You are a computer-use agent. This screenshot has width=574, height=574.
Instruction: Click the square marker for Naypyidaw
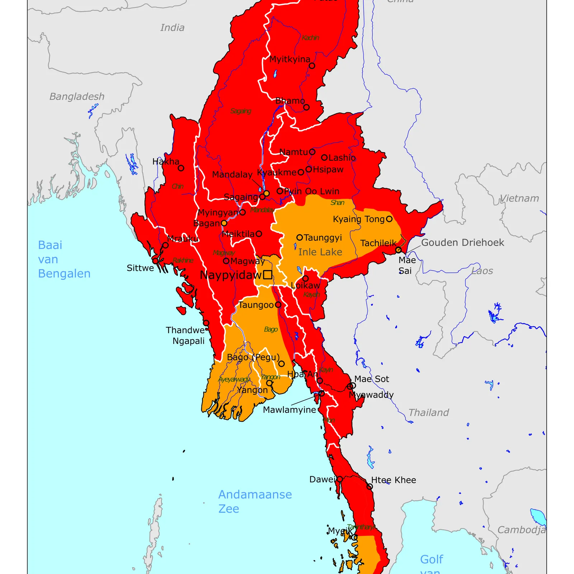(x=268, y=275)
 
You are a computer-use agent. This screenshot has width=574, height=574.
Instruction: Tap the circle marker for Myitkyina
(x=312, y=66)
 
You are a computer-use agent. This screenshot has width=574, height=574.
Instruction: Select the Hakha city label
(x=166, y=161)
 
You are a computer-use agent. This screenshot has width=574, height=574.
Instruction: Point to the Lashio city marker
(x=324, y=157)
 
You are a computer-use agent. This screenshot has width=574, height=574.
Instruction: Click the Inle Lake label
(x=320, y=252)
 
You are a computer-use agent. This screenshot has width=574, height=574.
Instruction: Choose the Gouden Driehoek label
(x=462, y=243)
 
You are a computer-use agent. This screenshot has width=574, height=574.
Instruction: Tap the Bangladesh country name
(x=77, y=97)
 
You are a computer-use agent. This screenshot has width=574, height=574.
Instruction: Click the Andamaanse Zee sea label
(x=255, y=501)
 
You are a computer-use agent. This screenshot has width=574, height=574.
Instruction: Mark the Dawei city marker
(x=340, y=479)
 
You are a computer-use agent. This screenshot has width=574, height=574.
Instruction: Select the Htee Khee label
(x=394, y=480)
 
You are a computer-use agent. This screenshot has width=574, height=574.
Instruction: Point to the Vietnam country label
(x=519, y=198)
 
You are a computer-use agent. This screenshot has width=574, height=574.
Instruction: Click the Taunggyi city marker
(x=300, y=237)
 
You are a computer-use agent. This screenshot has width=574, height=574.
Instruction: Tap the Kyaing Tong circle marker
(x=389, y=219)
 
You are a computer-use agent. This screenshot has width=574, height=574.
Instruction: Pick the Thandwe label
(x=185, y=330)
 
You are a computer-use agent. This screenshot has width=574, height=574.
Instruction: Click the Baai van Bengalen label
(x=64, y=259)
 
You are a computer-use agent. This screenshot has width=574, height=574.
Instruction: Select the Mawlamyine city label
(x=290, y=410)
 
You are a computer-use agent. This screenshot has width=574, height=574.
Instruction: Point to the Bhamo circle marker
(x=306, y=107)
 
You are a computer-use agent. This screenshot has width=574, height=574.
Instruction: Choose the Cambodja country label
(x=521, y=530)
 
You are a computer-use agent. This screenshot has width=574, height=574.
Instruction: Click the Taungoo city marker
(x=278, y=305)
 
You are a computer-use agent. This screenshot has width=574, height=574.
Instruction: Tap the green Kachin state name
(x=310, y=38)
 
